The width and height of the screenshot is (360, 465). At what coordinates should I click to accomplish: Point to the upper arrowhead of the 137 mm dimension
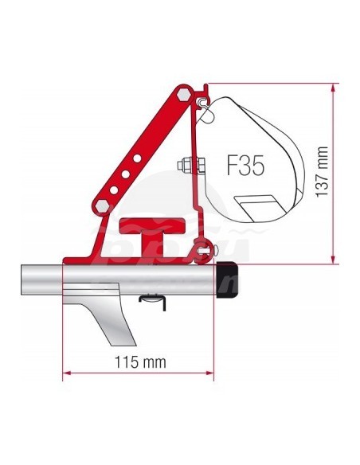[331, 85]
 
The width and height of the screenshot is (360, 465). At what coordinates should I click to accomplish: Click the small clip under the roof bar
[152, 299]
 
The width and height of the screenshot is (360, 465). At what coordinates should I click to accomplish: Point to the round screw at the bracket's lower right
[209, 252]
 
